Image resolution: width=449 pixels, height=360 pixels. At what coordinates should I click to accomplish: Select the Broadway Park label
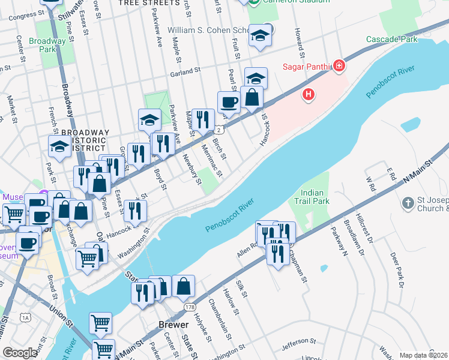[50, 45]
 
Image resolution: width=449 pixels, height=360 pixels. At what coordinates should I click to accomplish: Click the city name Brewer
[169, 324]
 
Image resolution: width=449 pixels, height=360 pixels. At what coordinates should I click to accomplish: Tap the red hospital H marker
[309, 94]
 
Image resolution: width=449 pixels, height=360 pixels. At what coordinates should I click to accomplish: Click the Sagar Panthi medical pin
[339, 65]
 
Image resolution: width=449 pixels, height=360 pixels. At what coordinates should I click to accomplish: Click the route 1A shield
[25, 317]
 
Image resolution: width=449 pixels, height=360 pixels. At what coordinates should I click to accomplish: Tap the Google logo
[20, 352]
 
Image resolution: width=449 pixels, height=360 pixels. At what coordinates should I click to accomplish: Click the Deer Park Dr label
[397, 270]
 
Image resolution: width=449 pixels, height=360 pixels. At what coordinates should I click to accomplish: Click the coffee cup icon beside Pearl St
[229, 103]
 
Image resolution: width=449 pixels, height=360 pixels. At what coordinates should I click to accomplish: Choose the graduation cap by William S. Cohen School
[261, 35]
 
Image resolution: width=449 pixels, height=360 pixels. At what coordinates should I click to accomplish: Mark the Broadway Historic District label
[85, 140]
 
